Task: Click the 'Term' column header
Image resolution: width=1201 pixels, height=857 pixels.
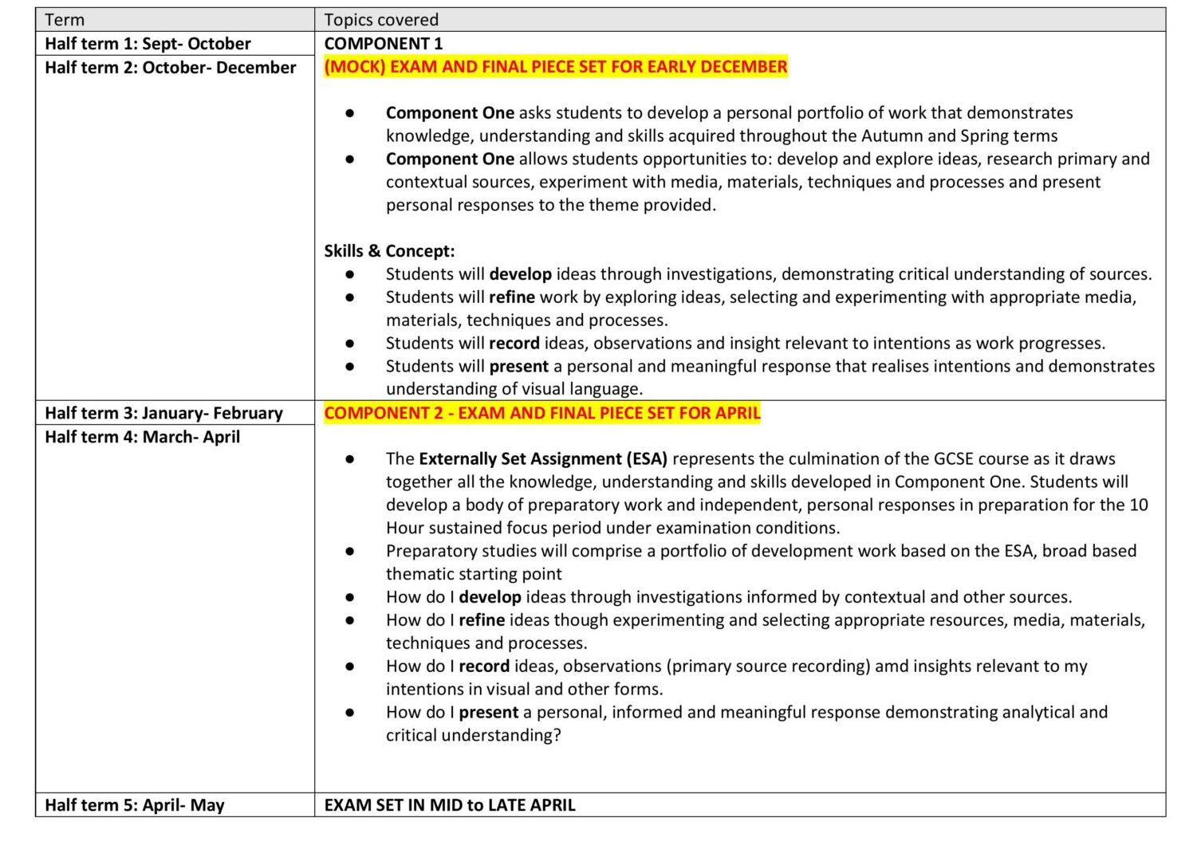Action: [65, 20]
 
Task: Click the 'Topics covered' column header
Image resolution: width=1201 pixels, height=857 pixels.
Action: [381, 20]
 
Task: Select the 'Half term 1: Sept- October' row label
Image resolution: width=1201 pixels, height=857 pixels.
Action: [148, 44]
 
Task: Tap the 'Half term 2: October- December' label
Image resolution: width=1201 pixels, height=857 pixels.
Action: [170, 68]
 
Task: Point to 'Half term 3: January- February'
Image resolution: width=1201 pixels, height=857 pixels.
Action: [163, 413]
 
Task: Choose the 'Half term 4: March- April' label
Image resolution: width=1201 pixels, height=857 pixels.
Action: [142, 437]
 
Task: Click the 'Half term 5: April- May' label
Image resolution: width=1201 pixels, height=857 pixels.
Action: [134, 805]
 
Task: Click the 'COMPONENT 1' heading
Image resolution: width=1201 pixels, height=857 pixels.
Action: [383, 44]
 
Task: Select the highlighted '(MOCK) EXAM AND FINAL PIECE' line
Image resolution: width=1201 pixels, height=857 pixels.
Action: [555, 67]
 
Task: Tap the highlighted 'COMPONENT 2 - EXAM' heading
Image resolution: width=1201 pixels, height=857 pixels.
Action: [541, 413]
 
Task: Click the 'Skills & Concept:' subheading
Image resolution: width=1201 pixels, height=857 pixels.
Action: [389, 251]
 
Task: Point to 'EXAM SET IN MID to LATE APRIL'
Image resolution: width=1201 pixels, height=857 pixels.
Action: [449, 805]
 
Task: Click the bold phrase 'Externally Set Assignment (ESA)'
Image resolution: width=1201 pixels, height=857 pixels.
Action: [542, 459]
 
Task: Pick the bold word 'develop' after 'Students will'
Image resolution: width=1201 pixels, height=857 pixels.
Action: [520, 274]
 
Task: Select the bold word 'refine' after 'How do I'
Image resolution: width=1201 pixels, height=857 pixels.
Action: [482, 620]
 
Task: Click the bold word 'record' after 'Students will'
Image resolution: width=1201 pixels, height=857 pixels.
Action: [514, 344]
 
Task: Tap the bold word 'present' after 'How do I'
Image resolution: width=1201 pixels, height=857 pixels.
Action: [488, 713]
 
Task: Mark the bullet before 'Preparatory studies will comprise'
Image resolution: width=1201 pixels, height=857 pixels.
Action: [350, 552]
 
